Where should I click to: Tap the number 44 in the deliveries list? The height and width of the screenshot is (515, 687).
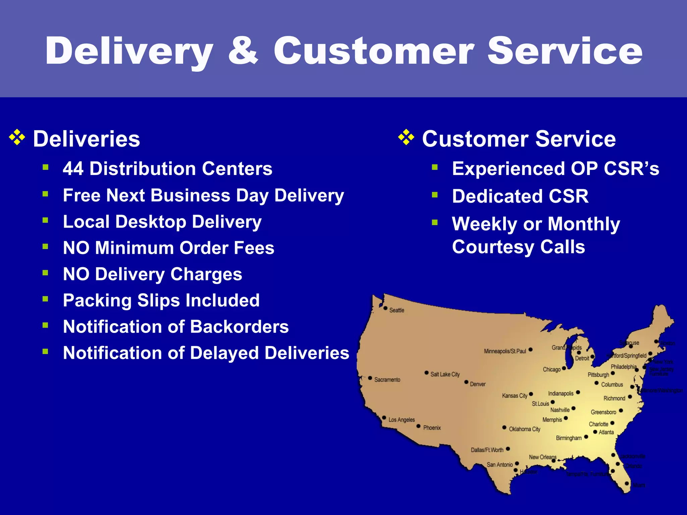pos(73,169)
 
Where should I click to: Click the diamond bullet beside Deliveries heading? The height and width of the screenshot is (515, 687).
pos(17,137)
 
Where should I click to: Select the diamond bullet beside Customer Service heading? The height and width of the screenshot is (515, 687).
pos(406,137)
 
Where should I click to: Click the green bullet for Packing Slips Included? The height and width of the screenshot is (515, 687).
pos(46,299)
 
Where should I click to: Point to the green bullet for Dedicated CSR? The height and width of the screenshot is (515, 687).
pos(435,195)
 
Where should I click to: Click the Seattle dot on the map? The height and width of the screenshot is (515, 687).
pos(385,308)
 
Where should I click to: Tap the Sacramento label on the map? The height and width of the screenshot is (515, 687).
pos(387,380)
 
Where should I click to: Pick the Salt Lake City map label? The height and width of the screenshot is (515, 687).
pos(445,374)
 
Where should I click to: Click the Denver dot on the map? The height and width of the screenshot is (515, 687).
pos(466,382)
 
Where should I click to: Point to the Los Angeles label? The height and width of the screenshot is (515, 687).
pos(402,420)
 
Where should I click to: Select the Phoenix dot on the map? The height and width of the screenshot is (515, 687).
pos(418,426)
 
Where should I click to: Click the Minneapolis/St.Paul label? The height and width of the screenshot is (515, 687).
pos(505,351)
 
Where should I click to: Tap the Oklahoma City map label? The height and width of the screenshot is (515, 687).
pos(525,429)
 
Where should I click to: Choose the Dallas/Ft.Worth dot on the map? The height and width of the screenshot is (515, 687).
pos(508,449)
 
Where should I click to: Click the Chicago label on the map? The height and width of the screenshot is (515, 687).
pos(551,369)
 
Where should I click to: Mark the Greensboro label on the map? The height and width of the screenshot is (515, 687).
pos(603,412)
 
